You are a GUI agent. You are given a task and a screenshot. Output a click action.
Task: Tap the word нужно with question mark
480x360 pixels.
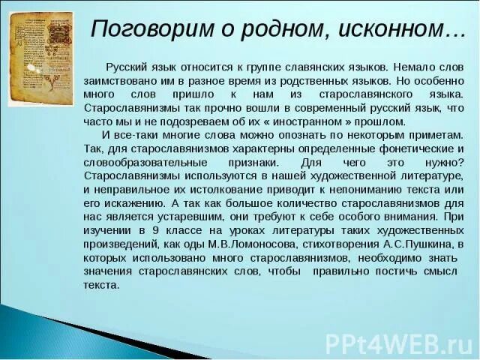pyautogui.click(x=445, y=162)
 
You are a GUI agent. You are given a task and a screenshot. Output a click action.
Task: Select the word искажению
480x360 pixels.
pyautogui.click(x=132, y=202)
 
